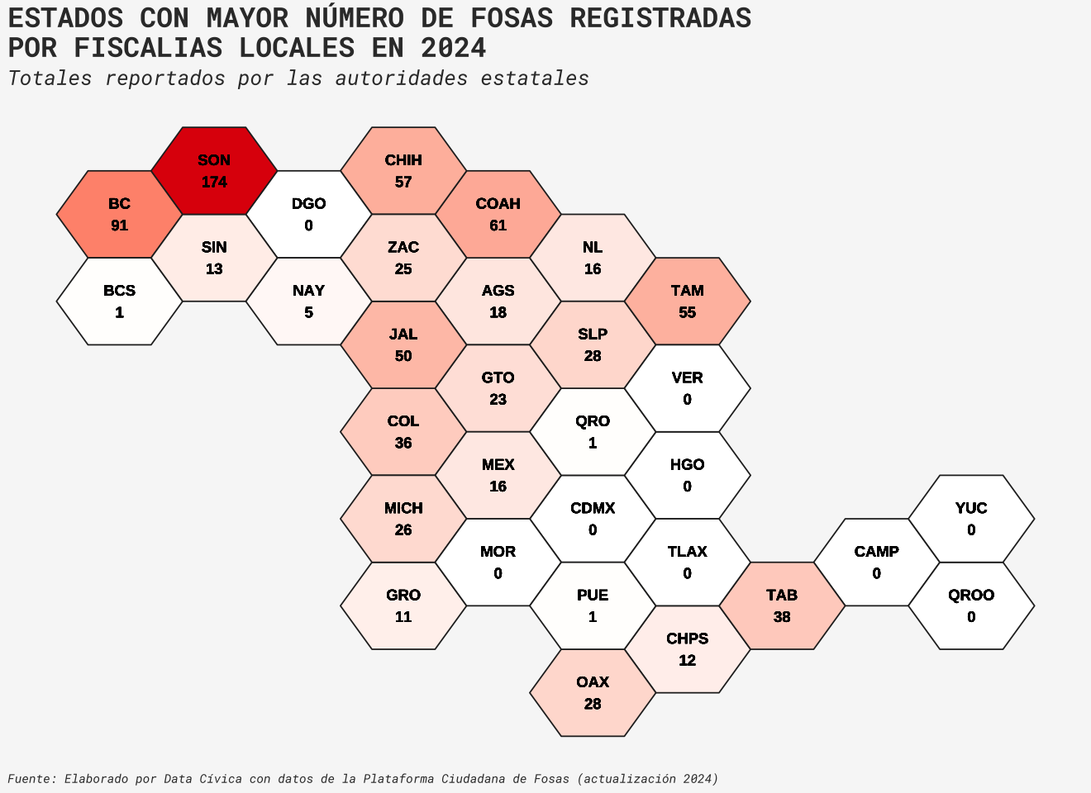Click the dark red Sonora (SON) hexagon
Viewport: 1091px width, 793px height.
point(214,171)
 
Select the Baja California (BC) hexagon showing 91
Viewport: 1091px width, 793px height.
point(119,215)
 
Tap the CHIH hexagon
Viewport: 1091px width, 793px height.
point(403,171)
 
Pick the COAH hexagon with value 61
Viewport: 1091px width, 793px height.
point(498,215)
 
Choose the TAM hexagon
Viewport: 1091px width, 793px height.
point(687,302)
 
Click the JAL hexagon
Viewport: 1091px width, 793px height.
point(403,345)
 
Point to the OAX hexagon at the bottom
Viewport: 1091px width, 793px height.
point(593,693)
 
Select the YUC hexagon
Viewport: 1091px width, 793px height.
point(971,519)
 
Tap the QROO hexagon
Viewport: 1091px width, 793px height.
point(971,605)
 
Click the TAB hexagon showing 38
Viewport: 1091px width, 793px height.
point(782,605)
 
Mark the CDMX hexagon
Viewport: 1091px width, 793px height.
point(593,519)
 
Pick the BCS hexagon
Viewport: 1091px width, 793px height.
point(119,302)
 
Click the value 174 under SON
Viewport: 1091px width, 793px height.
point(214,183)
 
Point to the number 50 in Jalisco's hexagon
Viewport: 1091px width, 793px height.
point(403,357)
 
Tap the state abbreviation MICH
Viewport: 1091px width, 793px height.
point(403,508)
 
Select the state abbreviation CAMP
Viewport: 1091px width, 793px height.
point(876,552)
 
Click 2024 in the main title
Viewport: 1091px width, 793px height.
point(453,48)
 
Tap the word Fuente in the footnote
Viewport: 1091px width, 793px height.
point(31,779)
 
